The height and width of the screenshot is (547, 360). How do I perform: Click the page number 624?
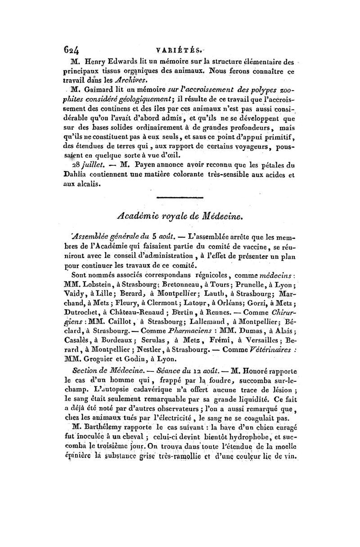(x=72, y=52)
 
